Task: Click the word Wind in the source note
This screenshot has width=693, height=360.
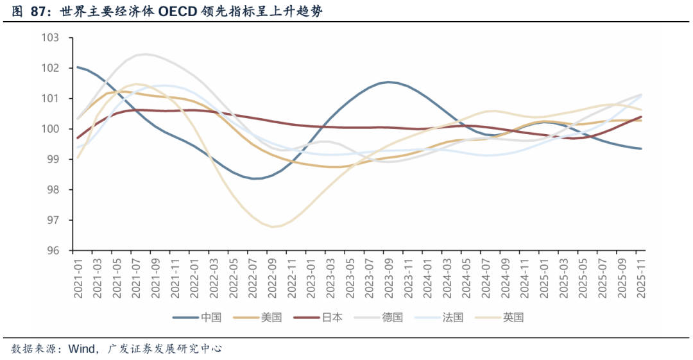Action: pyautogui.click(x=81, y=348)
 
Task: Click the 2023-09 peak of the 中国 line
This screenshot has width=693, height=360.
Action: pyautogui.click(x=388, y=82)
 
